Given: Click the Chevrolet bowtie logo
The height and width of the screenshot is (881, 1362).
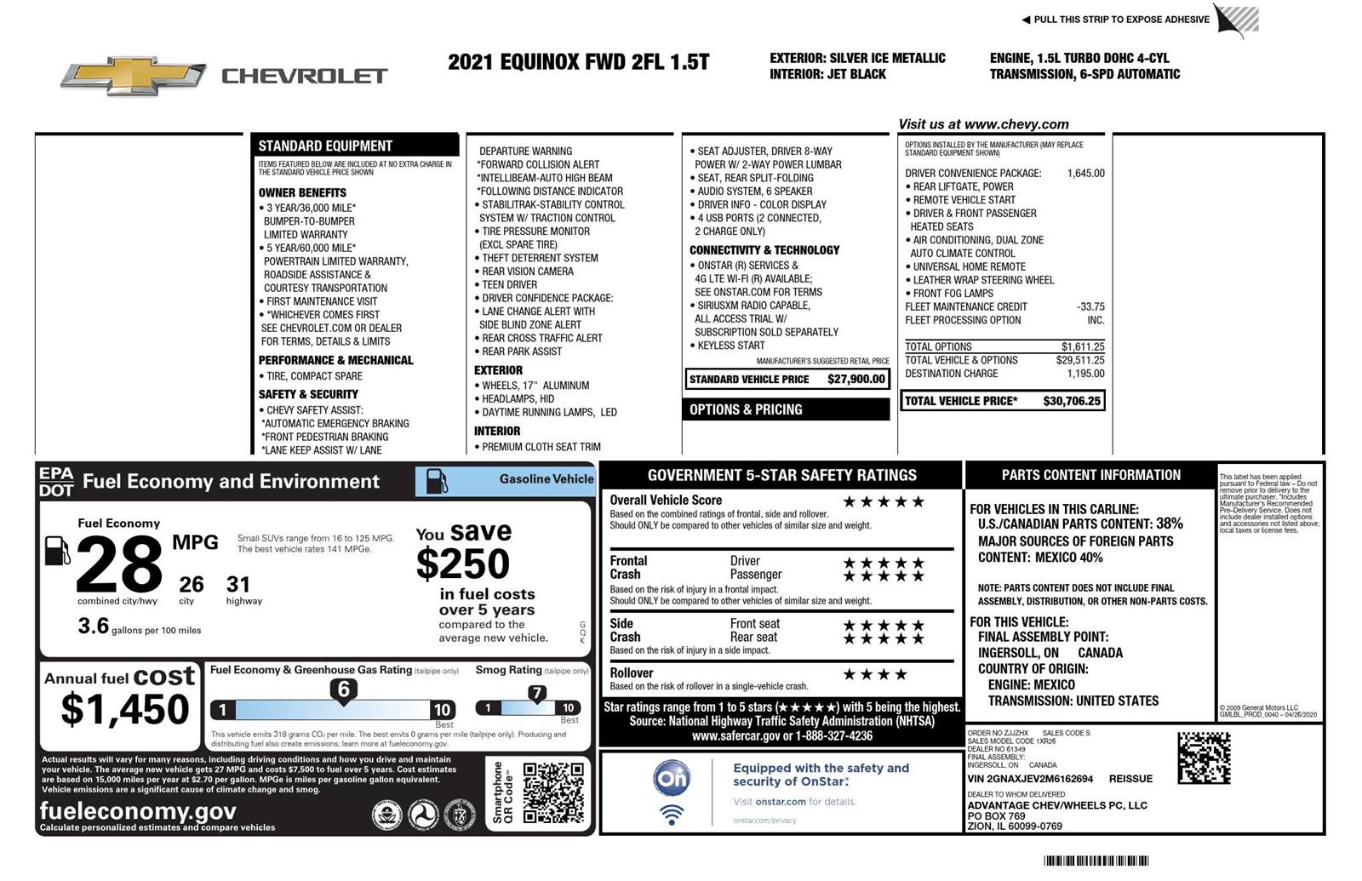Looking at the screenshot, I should click(x=134, y=76).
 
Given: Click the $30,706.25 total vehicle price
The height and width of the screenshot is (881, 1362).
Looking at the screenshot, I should click(x=1071, y=401).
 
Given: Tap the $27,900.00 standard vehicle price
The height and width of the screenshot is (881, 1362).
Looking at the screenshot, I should click(x=856, y=379).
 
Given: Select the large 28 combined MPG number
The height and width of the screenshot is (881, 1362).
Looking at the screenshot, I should click(x=118, y=563).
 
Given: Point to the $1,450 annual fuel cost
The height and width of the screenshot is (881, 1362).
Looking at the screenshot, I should click(x=124, y=709).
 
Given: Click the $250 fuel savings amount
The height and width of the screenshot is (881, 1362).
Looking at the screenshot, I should click(x=462, y=563).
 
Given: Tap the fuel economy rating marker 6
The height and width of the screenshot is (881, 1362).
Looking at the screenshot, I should click(x=343, y=689).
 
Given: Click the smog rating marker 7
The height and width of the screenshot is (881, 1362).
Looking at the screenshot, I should click(x=536, y=693).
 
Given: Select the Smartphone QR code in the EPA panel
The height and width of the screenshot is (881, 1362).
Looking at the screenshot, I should click(x=552, y=792).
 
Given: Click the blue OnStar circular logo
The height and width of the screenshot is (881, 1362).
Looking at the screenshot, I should click(x=672, y=778).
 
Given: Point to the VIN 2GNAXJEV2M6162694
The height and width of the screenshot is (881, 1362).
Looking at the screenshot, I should click(x=1030, y=779).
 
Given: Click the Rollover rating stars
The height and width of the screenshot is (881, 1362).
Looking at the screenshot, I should click(x=874, y=674).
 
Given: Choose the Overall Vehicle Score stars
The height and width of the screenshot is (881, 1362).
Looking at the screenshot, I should click(x=883, y=501).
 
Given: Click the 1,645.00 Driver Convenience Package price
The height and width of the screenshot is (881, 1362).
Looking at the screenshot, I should click(x=1085, y=173).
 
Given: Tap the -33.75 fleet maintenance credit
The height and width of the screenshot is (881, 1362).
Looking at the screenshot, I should click(x=1090, y=306).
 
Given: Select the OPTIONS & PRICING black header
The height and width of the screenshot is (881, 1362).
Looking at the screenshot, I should click(x=787, y=409).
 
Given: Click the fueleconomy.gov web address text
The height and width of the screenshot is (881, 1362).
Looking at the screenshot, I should click(x=138, y=810).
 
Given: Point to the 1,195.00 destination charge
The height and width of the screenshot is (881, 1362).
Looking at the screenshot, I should click(x=1085, y=374).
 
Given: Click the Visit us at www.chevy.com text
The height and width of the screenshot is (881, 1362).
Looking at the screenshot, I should click(x=983, y=124).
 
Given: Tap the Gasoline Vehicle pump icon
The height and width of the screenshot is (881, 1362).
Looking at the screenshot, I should click(x=436, y=481).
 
